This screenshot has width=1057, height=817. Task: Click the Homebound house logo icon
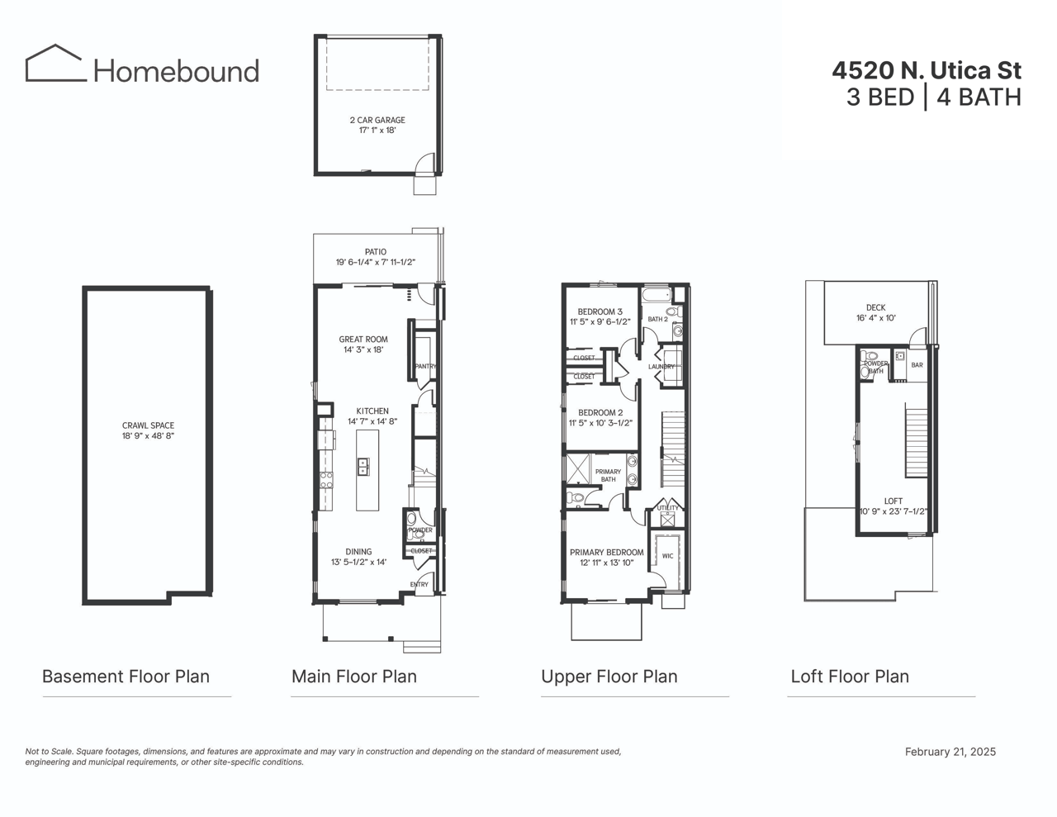55,64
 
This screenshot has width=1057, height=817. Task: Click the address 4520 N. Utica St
926,70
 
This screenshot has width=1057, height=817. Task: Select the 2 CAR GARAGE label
377,121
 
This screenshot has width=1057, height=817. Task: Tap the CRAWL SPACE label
148,426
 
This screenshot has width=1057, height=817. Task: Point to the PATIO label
376,252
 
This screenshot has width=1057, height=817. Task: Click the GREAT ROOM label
363,340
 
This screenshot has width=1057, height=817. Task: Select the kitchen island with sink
367,470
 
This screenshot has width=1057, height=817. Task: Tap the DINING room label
358,552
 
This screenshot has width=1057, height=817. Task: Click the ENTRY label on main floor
419,585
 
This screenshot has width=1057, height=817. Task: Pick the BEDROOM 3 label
600,312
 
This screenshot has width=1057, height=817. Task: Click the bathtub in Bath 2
657,295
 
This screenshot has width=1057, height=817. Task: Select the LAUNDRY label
662,367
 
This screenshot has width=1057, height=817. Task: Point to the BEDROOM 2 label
600,413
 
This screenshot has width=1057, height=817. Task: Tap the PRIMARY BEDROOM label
607,553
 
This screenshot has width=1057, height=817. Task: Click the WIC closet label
667,556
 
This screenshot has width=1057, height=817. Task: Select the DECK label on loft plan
876,308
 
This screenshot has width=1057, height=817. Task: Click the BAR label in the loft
917,365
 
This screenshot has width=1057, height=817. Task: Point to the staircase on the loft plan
917,441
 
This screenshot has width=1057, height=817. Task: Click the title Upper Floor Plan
609,677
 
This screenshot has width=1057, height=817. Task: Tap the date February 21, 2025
950,752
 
